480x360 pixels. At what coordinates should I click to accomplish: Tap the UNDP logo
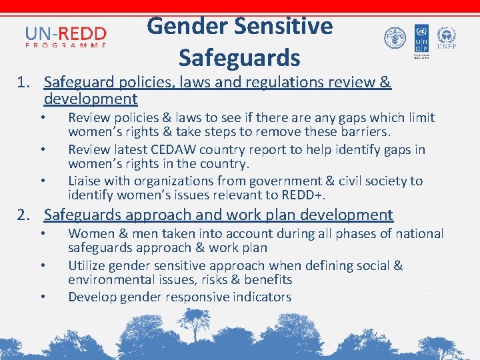(x=421, y=40)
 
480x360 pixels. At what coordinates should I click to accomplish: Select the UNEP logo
(x=446, y=39)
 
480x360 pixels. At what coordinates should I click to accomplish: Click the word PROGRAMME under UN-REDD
(x=66, y=45)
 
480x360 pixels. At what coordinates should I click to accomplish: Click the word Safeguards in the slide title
(x=239, y=58)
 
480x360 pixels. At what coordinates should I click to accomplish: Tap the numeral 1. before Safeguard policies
(x=25, y=83)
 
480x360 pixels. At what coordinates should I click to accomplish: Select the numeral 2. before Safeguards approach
(x=25, y=215)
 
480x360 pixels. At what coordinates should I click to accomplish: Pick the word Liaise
(x=85, y=181)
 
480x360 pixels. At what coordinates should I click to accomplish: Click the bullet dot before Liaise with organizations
(x=42, y=180)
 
